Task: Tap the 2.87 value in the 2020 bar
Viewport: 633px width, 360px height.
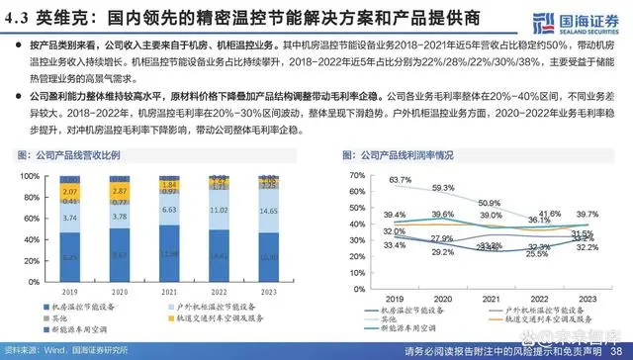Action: click(120, 188)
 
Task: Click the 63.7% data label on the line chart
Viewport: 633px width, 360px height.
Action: click(400, 179)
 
